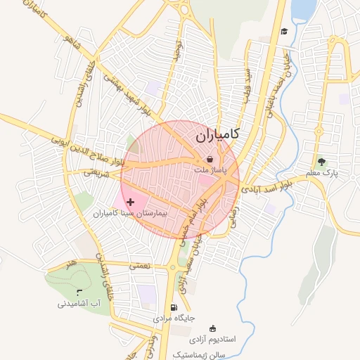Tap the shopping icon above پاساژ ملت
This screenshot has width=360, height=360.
(x=210, y=160)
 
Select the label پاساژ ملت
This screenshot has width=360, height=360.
(x=210, y=170)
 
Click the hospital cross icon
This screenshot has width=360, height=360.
(x=130, y=202)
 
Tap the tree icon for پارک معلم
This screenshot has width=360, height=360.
(x=321, y=162)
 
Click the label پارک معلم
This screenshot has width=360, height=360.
(x=322, y=173)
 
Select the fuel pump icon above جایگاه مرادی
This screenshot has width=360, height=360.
(x=174, y=308)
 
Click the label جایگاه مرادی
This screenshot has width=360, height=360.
(x=173, y=319)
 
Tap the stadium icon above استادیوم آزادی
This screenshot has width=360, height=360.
(x=213, y=328)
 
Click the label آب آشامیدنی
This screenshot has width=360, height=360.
(x=79, y=304)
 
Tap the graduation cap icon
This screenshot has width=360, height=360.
(x=284, y=31)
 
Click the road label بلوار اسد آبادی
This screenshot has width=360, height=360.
(x=266, y=186)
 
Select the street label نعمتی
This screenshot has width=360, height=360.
(x=140, y=266)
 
